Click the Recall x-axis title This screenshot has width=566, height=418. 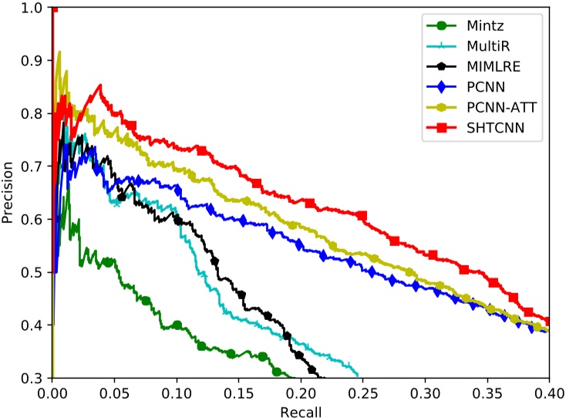click(301, 410)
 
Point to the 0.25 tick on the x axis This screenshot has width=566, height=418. click(362, 392)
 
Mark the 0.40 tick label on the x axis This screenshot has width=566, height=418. click(549, 392)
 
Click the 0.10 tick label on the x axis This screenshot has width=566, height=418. click(177, 392)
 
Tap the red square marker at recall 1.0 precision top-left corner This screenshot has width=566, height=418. click(52, 7)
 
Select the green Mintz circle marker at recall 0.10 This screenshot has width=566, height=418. click(177, 325)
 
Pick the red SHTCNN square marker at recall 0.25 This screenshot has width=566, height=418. click(362, 216)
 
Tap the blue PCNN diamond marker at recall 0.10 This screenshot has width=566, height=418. click(178, 190)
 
